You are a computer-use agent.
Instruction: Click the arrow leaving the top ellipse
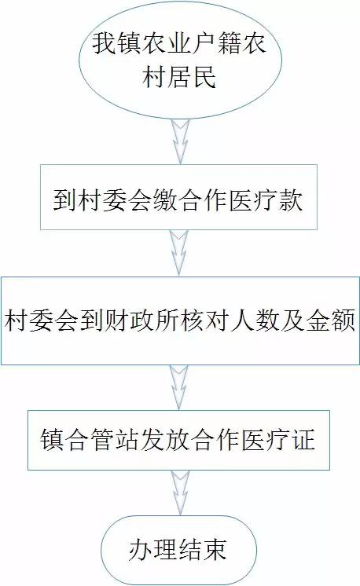(x=181, y=141)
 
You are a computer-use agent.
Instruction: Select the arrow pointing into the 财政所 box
(x=179, y=253)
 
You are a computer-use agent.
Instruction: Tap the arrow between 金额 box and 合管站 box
(x=179, y=387)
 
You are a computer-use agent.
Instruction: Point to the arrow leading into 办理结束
(x=181, y=493)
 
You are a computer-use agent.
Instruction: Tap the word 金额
(x=330, y=320)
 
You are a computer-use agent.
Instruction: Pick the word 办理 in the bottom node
(x=152, y=550)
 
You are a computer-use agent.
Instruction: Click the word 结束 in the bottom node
(x=203, y=550)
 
